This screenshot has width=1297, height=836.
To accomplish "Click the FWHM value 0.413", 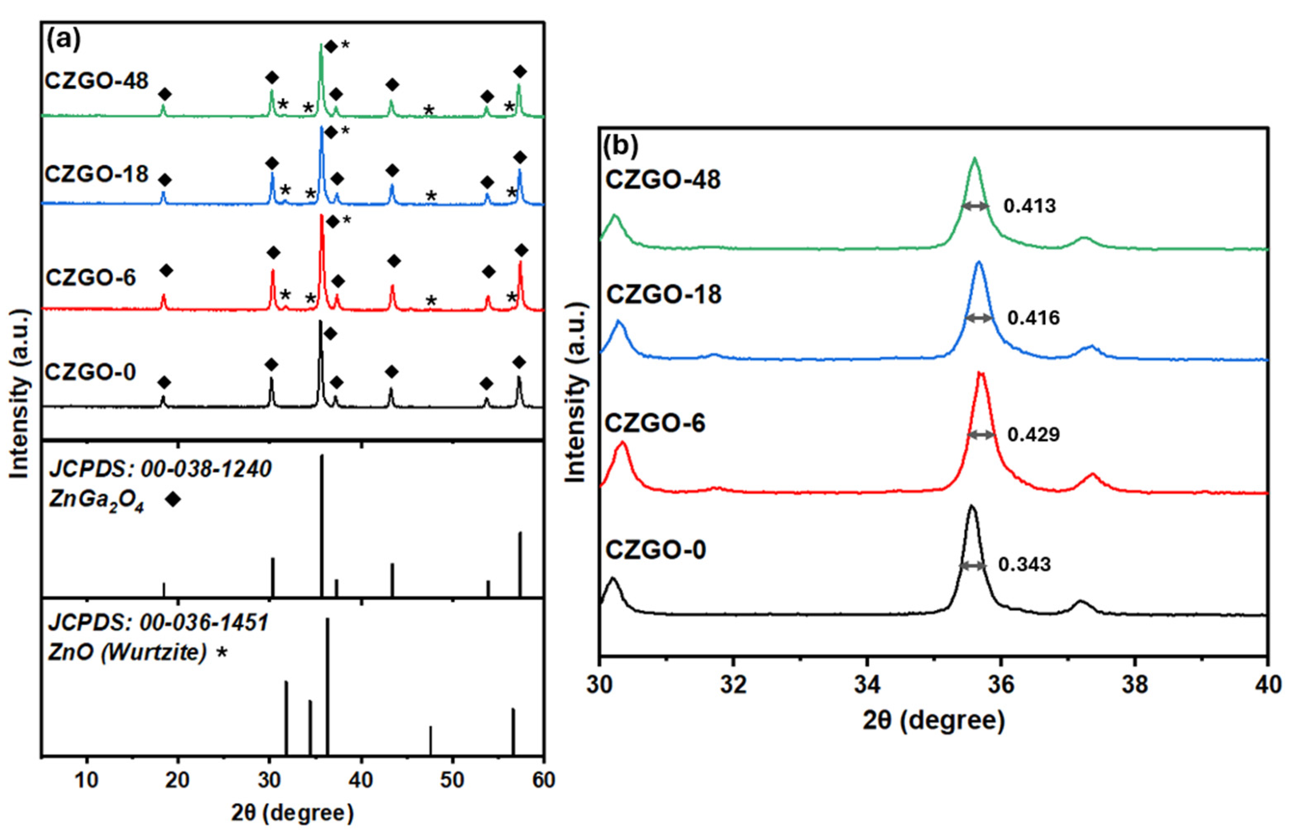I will tap(1029, 206).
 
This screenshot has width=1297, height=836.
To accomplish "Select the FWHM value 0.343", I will tap(1024, 564).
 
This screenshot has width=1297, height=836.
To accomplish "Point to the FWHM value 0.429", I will tap(1034, 434).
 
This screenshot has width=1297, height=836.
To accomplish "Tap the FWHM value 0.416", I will tap(1034, 318).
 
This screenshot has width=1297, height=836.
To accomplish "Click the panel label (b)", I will tap(621, 145).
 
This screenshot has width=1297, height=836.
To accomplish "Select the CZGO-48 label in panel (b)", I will tap(663, 180).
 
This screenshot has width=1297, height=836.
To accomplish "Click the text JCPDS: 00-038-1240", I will tap(161, 469).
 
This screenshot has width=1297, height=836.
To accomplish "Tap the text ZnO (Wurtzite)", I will tap(128, 652).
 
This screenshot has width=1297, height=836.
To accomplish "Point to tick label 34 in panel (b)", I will tap(867, 684).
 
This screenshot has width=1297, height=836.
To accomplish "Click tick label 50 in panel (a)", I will tap(452, 781).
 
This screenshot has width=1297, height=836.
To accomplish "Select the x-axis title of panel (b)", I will tap(934, 720).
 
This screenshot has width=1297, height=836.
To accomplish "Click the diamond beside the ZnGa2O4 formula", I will tap(173, 499).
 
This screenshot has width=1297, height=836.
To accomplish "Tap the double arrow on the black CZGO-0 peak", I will tap(972, 566).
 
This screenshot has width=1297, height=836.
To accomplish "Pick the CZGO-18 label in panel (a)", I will tap(97, 174).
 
